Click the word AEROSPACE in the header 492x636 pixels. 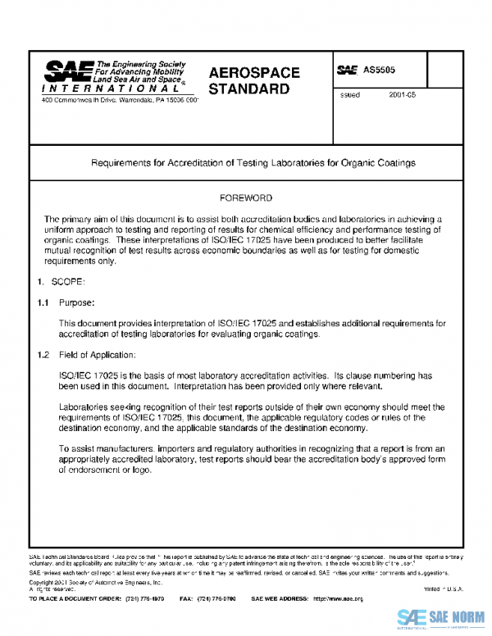tap(254, 73)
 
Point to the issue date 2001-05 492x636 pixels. tap(403, 95)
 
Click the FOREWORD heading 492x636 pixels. tap(246, 198)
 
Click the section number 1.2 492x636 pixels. tap(43, 355)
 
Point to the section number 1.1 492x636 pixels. tap(43, 303)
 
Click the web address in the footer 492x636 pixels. tap(338, 599)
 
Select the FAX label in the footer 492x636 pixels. tap(185, 599)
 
